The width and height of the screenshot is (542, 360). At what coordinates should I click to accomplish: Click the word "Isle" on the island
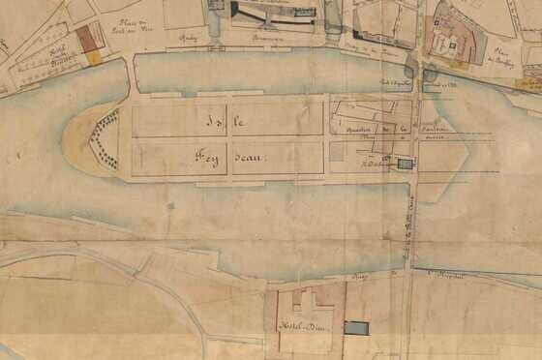pos(226,122)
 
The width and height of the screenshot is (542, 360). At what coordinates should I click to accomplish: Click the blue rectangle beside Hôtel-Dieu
pos(355,328)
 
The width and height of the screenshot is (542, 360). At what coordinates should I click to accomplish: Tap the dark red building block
pos(89,38)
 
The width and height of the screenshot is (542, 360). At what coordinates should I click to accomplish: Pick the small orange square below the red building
pos(94,58)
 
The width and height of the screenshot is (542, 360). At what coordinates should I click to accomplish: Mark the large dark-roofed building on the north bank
pos(277,13)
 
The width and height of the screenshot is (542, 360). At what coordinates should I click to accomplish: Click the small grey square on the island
pos(336,151)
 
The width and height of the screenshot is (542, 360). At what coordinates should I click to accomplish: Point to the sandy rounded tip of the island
pos(77,144)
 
